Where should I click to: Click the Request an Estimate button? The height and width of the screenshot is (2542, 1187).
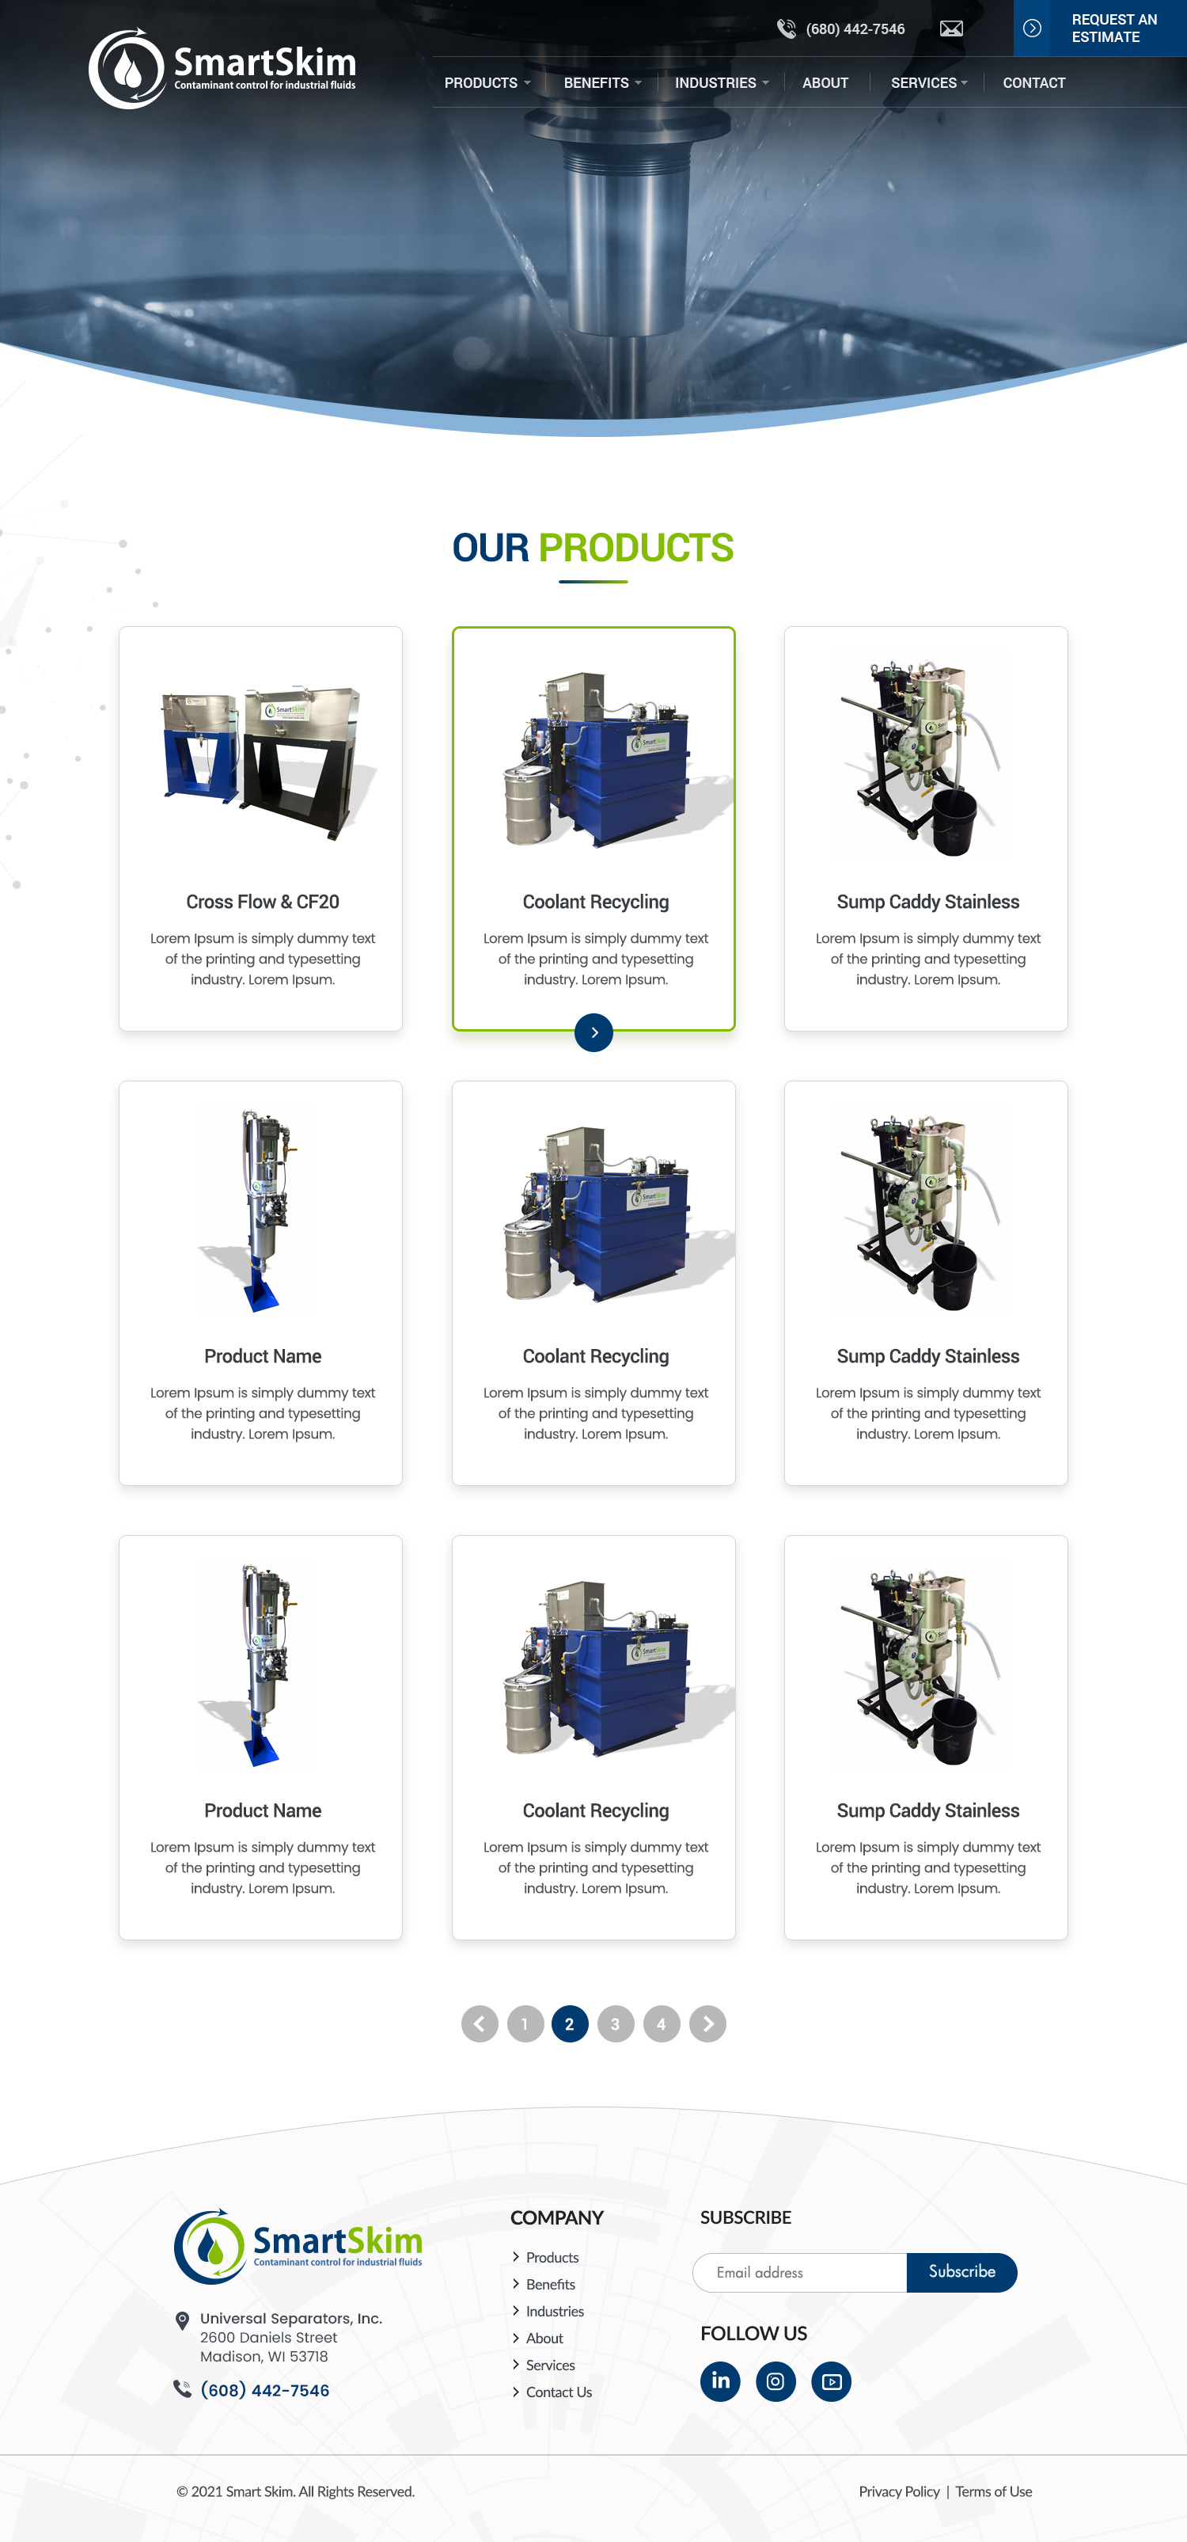click(1099, 28)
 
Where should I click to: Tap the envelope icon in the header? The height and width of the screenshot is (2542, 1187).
click(951, 28)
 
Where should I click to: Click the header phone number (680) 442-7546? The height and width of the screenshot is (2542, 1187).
click(855, 28)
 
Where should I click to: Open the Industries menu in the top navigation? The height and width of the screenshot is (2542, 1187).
click(721, 83)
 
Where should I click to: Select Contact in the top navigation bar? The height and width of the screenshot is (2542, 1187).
click(1033, 83)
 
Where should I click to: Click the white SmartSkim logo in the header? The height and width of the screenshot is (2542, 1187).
click(223, 68)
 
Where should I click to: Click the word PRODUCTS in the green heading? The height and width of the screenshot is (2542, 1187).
click(635, 548)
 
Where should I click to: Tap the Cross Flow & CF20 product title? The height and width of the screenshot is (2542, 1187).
click(263, 902)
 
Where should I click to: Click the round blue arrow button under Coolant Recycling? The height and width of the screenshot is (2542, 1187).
click(594, 1032)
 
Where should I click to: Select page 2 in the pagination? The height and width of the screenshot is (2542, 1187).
click(569, 2024)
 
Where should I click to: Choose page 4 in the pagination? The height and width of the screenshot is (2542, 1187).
click(661, 2024)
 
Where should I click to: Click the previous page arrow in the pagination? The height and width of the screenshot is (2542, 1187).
click(480, 2024)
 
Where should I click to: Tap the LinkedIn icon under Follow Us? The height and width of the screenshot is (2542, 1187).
click(720, 2381)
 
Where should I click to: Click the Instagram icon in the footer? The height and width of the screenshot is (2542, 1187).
click(776, 2381)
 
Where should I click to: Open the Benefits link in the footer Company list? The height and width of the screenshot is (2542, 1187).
click(550, 2285)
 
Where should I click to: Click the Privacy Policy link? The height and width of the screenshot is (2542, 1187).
click(899, 2491)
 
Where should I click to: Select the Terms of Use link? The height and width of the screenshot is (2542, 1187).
click(994, 2491)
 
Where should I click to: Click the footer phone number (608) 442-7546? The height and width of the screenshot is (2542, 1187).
click(264, 2390)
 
